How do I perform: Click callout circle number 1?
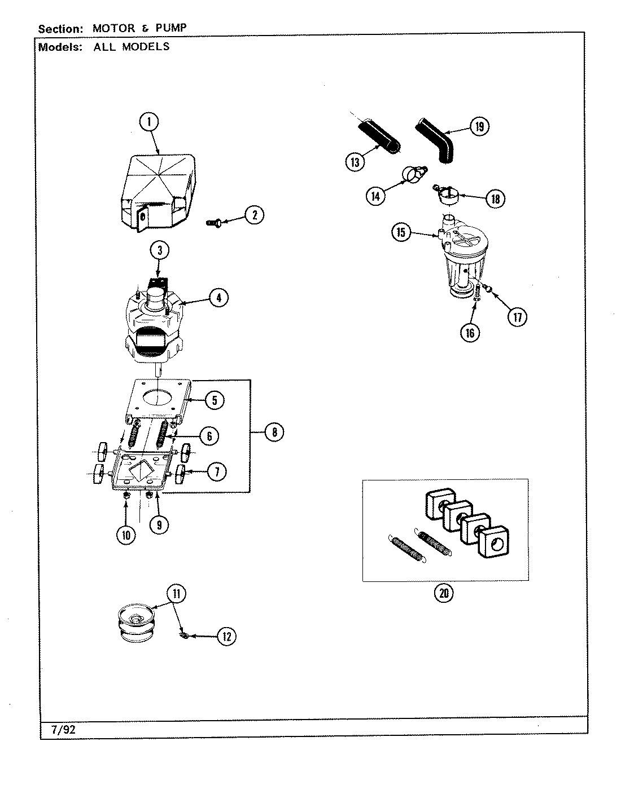point(148,122)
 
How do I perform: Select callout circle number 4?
point(218,297)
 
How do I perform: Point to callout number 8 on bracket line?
point(274,432)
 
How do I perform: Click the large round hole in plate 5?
point(158,397)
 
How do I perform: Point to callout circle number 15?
point(401,233)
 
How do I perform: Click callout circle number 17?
point(517,317)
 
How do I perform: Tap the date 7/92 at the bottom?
point(63,729)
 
